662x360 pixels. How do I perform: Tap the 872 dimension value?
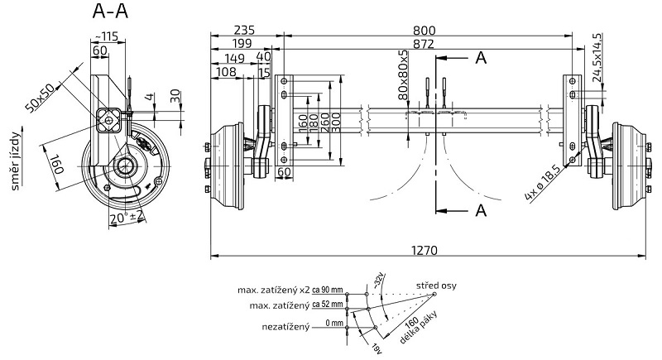tap(423, 42)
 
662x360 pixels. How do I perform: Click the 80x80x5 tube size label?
tap(404, 75)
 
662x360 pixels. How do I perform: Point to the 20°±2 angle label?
tap(127, 218)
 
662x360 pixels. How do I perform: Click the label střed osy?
tap(435, 286)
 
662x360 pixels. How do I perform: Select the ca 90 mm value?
tap(328, 290)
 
